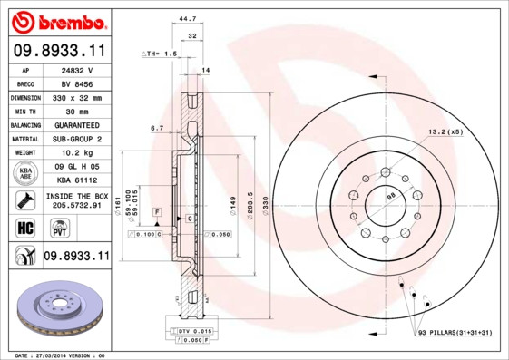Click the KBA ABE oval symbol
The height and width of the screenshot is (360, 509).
(x=24, y=173)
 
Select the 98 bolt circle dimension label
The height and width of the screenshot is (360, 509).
(x=390, y=197)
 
